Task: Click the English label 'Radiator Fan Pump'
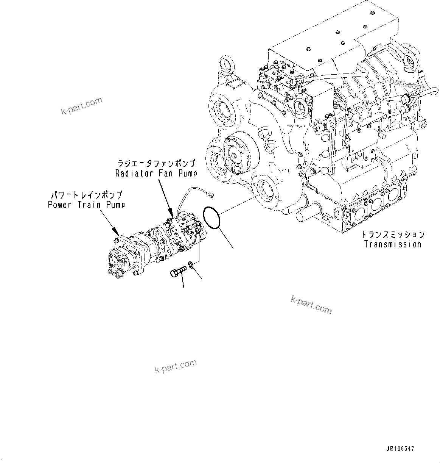click(x=156, y=174)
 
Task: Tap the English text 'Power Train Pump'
click(x=87, y=205)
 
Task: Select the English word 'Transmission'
click(x=393, y=244)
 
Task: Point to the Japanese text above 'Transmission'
click(x=393, y=235)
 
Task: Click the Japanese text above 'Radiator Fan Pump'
click(x=156, y=164)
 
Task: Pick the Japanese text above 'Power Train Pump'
click(x=87, y=195)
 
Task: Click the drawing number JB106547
click(x=400, y=449)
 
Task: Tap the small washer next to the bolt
click(x=191, y=264)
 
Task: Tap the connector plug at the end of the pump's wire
click(x=211, y=195)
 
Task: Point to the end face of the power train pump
click(x=114, y=262)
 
